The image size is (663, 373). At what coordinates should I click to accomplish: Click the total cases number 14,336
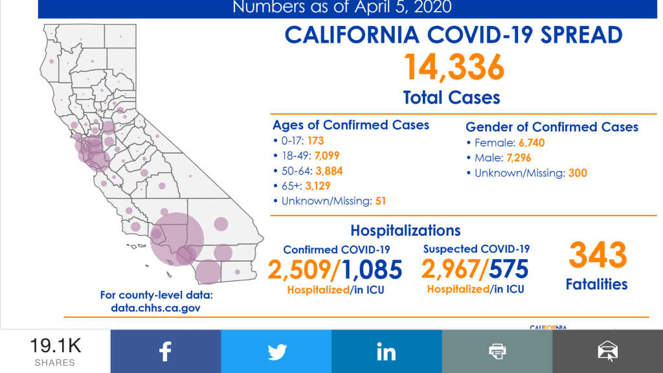pyautogui.click(x=454, y=66)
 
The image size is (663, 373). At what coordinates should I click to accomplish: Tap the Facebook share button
pyautogui.click(x=165, y=352)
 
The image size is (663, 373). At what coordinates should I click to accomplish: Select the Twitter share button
pyautogui.click(x=276, y=352)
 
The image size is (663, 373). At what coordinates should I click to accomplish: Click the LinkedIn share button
pyautogui.click(x=387, y=352)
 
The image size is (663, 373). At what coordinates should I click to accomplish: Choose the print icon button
pyautogui.click(x=497, y=352)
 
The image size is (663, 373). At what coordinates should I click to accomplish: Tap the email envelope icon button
pyautogui.click(x=607, y=352)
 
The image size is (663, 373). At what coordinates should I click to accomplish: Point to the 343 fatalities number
pyautogui.click(x=597, y=255)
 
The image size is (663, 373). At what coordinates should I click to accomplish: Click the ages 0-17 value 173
pyautogui.click(x=315, y=141)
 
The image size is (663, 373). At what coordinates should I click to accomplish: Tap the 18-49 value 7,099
pyautogui.click(x=326, y=155)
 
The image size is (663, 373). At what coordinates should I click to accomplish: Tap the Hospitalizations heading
pyautogui.click(x=405, y=231)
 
